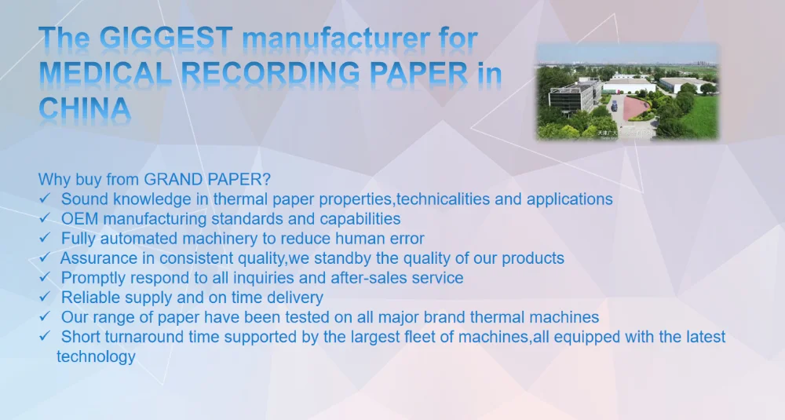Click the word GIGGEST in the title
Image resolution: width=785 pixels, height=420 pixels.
pos(166,38)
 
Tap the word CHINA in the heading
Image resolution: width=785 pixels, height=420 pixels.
pos(85,109)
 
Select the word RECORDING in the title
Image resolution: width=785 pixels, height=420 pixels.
pos(270,74)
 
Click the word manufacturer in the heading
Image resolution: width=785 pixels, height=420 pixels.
pos(335,38)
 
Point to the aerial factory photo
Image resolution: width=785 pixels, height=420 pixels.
pos(627,91)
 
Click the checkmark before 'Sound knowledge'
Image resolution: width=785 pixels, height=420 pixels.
pos(45,199)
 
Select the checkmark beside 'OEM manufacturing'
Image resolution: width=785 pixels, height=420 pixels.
pos(45,217)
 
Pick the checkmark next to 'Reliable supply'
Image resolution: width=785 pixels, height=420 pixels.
pos(45,296)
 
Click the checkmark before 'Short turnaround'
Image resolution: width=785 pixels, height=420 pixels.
pos(45,336)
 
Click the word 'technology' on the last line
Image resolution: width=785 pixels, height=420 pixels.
pos(96,357)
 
